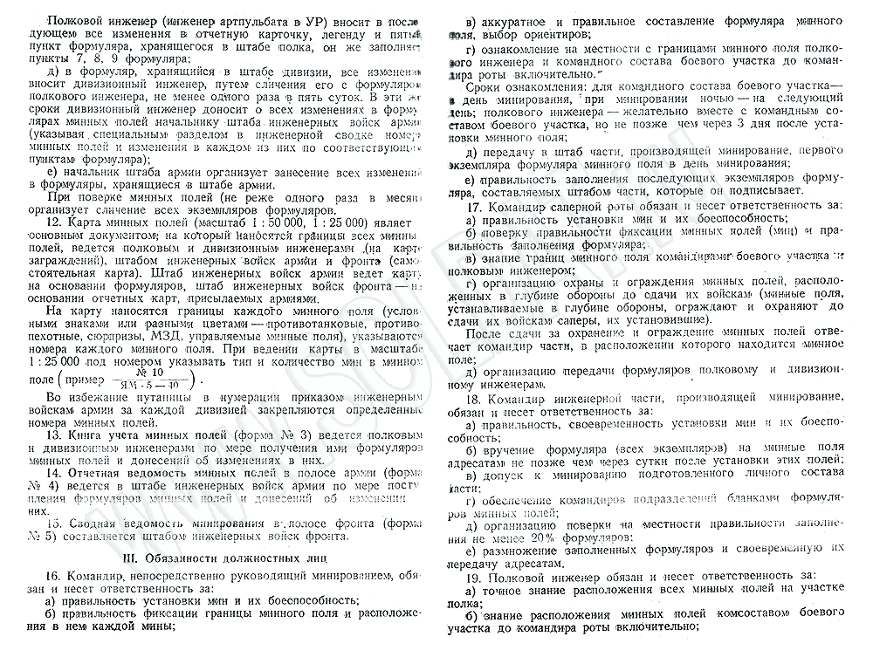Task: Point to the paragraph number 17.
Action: [477, 206]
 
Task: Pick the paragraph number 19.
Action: [477, 577]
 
